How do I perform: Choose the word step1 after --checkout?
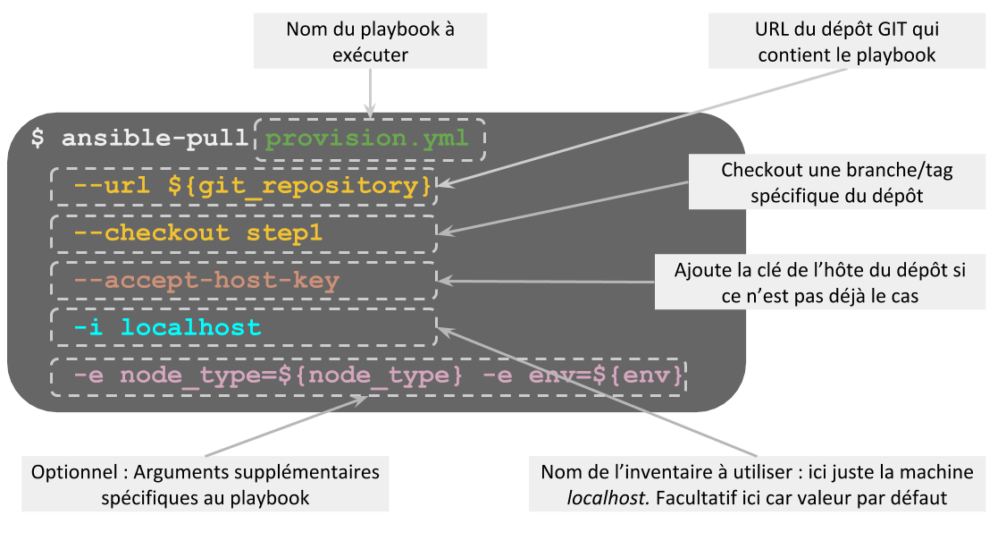click(x=284, y=234)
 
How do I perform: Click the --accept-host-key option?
click(x=205, y=282)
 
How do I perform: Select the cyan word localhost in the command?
click(x=190, y=328)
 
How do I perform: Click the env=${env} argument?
click(x=607, y=375)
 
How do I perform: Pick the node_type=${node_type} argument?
click(x=290, y=375)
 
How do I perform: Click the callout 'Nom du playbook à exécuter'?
click(x=370, y=42)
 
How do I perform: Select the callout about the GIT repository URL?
click(x=845, y=42)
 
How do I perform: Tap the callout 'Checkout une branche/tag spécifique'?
click(x=836, y=181)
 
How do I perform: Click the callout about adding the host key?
click(x=820, y=282)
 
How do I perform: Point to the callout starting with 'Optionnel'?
click(x=205, y=484)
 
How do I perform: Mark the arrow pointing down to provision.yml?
click(x=369, y=91)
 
